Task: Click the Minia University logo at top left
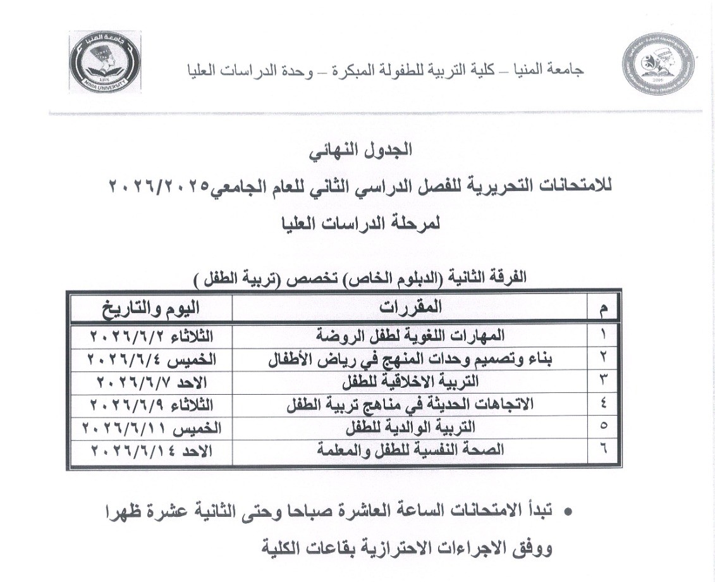tap(106, 61)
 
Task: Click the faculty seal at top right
tap(652, 68)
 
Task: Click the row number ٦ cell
tap(602, 450)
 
